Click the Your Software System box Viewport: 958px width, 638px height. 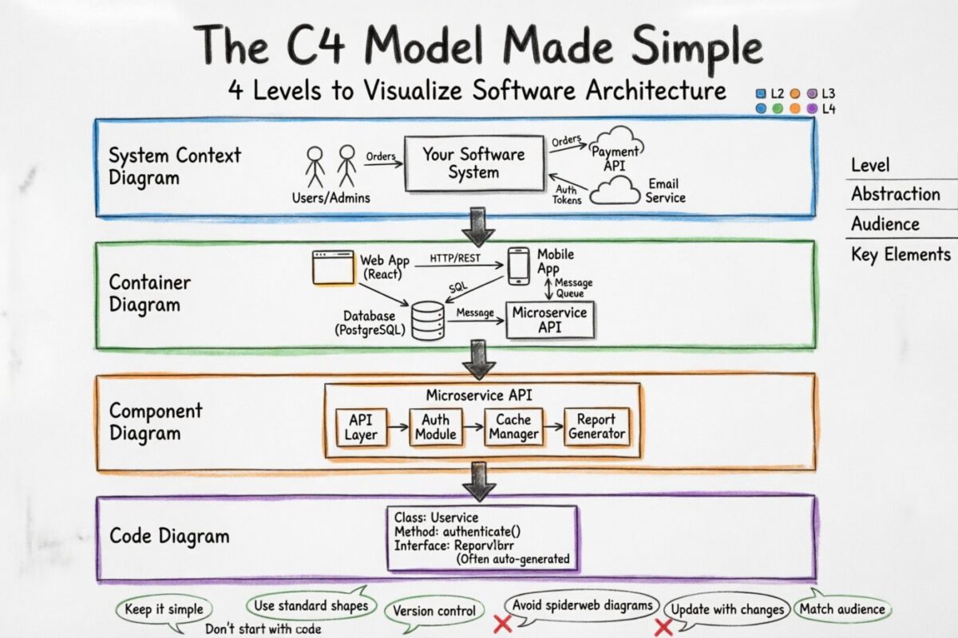pos(473,163)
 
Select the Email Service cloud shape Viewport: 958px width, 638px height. pos(614,191)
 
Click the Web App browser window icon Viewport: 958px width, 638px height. pos(333,268)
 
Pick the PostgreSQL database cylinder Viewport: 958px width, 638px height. pos(428,321)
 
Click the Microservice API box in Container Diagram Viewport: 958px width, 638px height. pos(550,319)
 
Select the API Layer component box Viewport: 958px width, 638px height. pos(361,427)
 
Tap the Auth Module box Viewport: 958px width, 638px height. pos(436,427)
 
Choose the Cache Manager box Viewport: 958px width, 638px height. pos(513,427)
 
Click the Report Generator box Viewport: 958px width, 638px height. pos(596,427)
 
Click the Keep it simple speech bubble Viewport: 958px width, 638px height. pos(164,610)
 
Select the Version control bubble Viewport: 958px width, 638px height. pos(435,612)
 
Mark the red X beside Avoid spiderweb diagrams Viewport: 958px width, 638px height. pos(502,623)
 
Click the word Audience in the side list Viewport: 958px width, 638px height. pos(885,224)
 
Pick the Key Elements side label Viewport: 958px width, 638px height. pos(901,254)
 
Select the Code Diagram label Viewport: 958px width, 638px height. pos(169,536)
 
